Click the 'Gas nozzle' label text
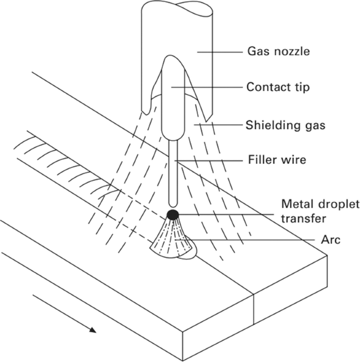[278, 51]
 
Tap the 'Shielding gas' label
[285, 125]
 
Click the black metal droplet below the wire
[172, 214]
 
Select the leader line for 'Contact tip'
[206, 87]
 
